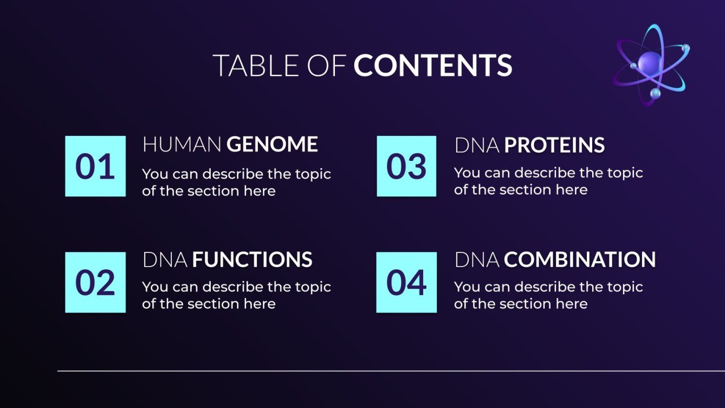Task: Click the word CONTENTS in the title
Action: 433,66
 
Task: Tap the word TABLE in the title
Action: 252,66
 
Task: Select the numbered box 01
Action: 95,166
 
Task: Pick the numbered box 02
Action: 95,282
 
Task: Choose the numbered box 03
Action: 406,166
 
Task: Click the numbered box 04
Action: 406,282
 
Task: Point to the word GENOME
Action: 272,145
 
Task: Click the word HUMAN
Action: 182,145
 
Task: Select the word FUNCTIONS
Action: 252,260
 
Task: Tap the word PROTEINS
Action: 554,145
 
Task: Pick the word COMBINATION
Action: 580,260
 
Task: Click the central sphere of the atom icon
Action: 650,63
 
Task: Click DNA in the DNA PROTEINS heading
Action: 477,145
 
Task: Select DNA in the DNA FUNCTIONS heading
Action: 165,260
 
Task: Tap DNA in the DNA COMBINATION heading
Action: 477,260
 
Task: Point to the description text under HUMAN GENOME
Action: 236,182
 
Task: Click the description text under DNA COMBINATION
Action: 548,295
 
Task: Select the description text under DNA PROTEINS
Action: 548,181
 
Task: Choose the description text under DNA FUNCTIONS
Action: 236,295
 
